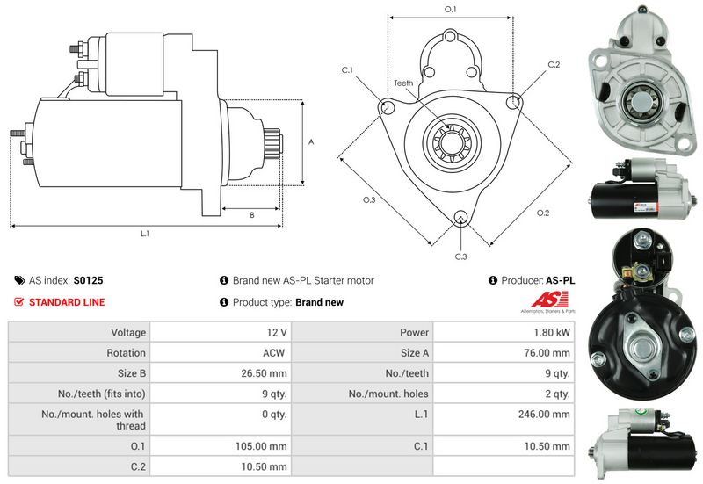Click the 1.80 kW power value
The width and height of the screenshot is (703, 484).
(552, 333)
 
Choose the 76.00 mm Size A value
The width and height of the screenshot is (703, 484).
(549, 353)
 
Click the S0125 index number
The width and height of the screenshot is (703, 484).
(88, 281)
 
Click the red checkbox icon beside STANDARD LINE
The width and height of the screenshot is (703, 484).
(19, 302)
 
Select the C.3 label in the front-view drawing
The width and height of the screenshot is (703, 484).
(460, 256)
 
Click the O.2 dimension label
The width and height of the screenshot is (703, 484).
(542, 213)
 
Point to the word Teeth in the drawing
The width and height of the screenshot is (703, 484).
(403, 83)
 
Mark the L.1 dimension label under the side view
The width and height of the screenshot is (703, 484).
(145, 234)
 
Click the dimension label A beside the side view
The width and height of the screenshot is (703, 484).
(311, 141)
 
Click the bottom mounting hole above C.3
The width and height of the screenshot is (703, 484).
(460, 218)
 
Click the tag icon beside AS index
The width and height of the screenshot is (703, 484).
(19, 281)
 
